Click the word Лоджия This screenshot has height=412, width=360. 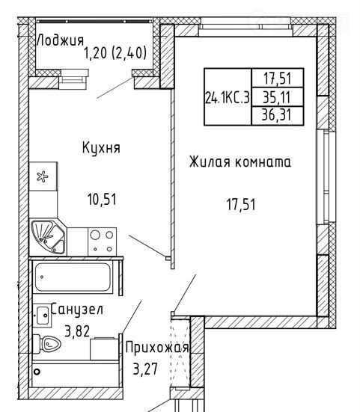coord(60,40)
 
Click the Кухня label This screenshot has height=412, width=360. coord(101,148)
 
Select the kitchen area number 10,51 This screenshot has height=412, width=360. coord(102,199)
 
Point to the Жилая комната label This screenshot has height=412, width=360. coord(240,162)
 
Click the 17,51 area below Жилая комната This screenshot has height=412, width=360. coord(241,204)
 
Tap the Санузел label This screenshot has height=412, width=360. coord(77,310)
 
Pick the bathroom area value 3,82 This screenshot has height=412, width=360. coord(77,331)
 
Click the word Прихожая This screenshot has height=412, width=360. coord(157,348)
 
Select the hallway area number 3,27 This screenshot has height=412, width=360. coord(145,369)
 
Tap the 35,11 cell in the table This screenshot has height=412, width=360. coord(277,97)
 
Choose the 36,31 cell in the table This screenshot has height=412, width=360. coord(277,115)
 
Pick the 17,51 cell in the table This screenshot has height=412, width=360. coord(278,79)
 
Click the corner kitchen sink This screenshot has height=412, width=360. coord(48,237)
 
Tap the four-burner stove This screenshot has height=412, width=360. coord(102,242)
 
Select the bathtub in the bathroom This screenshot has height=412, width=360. coord(73,277)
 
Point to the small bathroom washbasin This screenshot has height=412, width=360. coord(42,316)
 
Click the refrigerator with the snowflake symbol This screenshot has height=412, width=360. coord(43,176)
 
